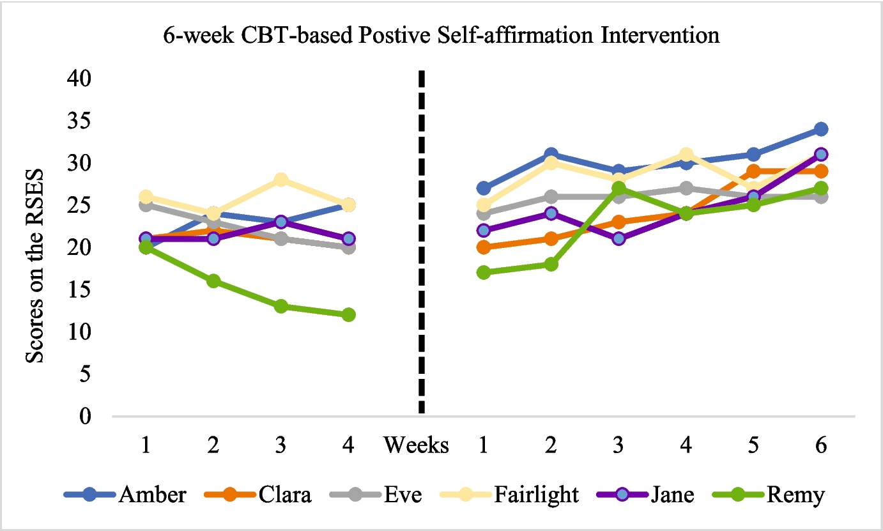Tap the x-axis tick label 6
(x=821, y=445)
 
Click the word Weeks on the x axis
(x=416, y=445)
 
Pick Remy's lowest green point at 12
(x=348, y=314)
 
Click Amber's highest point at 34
(x=821, y=129)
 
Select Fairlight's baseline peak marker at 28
(x=280, y=180)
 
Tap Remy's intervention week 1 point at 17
(x=484, y=272)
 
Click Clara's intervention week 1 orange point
(x=484, y=247)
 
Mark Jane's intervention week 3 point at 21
(x=618, y=238)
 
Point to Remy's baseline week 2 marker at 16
(x=213, y=281)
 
